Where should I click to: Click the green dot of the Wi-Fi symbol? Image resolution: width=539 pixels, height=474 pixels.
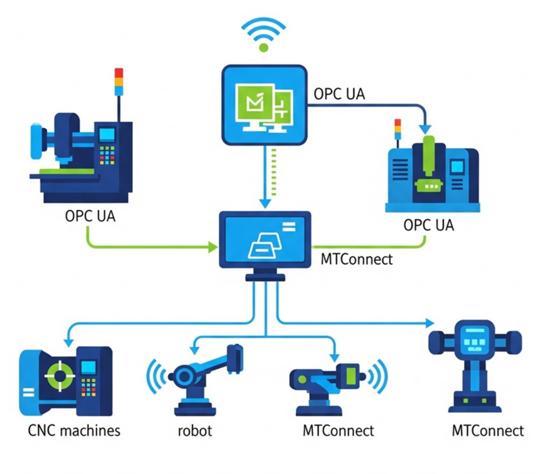pyautogui.click(x=264, y=47)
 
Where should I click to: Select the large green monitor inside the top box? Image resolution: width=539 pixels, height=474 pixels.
pyautogui.click(x=254, y=103)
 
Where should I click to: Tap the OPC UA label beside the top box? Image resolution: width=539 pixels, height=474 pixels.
pyautogui.click(x=339, y=94)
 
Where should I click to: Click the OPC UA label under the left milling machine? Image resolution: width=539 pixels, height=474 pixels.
pyautogui.click(x=90, y=216)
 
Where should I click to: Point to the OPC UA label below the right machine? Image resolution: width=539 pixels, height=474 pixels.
pyautogui.click(x=429, y=225)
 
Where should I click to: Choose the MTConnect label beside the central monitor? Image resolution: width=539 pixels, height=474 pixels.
pyautogui.click(x=357, y=259)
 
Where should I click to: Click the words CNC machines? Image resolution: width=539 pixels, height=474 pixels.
pyautogui.click(x=74, y=431)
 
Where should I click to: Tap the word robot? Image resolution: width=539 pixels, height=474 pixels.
pyautogui.click(x=194, y=431)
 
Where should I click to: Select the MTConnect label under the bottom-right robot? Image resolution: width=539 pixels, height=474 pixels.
pyautogui.click(x=487, y=431)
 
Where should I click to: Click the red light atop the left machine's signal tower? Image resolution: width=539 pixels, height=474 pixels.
pyautogui.click(x=119, y=73)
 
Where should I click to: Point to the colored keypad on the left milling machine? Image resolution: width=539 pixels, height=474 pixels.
pyautogui.click(x=107, y=155)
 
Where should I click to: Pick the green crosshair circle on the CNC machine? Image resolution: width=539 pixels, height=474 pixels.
pyautogui.click(x=59, y=375)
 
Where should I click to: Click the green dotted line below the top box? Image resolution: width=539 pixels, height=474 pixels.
pyautogui.click(x=274, y=173)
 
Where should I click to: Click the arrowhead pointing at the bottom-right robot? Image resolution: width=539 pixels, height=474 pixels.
pyautogui.click(x=430, y=323)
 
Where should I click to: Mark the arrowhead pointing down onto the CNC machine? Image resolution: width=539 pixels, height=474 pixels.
pyautogui.click(x=68, y=342)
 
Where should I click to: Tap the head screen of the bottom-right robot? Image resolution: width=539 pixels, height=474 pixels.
pyautogui.click(x=474, y=338)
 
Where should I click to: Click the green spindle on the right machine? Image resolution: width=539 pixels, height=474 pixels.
pyautogui.click(x=429, y=155)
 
